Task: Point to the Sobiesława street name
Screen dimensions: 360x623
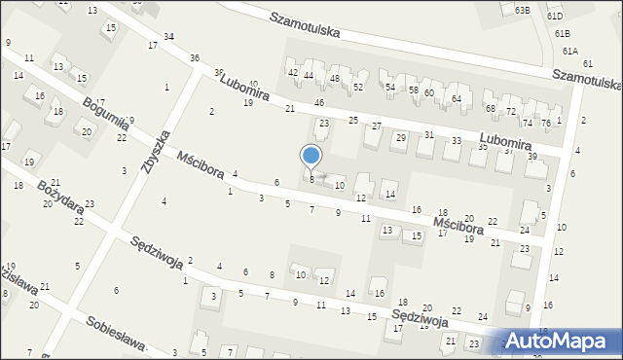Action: [x=114, y=334]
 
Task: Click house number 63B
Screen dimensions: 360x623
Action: [x=523, y=10]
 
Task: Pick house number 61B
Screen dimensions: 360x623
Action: [x=563, y=33]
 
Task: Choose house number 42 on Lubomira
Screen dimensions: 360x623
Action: [x=292, y=73]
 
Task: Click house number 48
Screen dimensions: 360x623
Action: [x=334, y=78]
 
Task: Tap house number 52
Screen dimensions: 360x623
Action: [x=358, y=88]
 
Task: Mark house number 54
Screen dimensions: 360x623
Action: [x=389, y=88]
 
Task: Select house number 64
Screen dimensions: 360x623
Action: [x=456, y=99]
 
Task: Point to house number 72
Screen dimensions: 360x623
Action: [x=511, y=112]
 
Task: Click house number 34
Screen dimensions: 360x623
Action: [x=168, y=36]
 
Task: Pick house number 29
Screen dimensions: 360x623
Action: [x=400, y=137]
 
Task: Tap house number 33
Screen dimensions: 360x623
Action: [x=457, y=141]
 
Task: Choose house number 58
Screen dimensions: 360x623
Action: [x=413, y=90]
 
